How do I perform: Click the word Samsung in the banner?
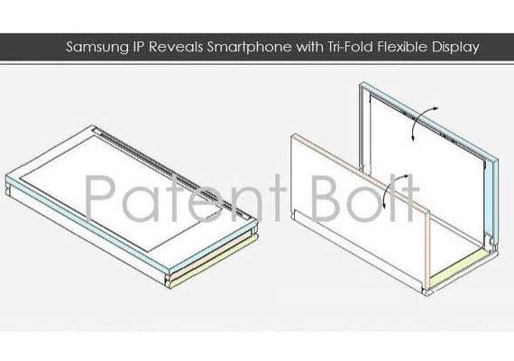[x=97, y=48]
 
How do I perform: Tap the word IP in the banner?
[x=139, y=47]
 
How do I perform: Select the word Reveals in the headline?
[x=175, y=47]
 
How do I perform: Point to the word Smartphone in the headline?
[x=249, y=48]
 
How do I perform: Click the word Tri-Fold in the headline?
[x=350, y=47]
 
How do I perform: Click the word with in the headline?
[x=309, y=47]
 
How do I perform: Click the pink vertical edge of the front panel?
[x=427, y=249]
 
